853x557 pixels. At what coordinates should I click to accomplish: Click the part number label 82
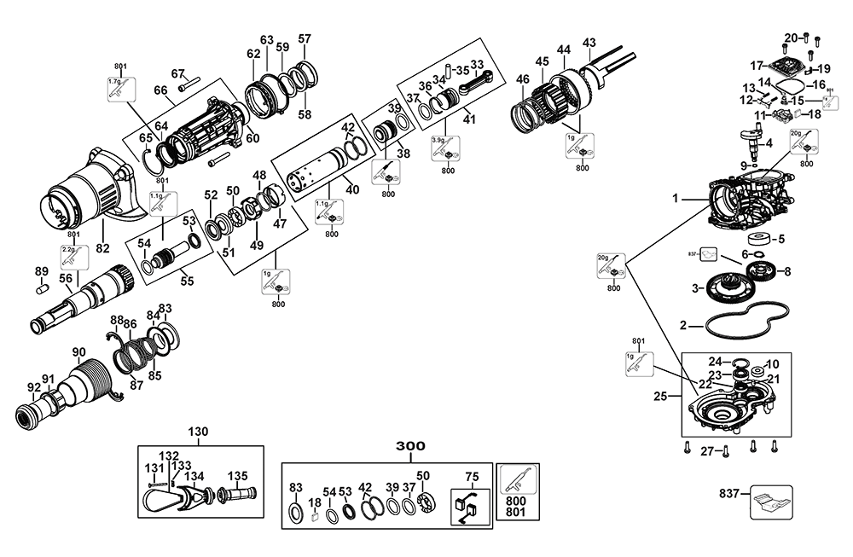click(x=102, y=224)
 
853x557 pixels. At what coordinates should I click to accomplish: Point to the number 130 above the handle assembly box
click(x=198, y=432)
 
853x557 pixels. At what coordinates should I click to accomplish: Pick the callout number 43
click(x=589, y=43)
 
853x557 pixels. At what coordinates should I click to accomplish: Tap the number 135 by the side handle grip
click(x=237, y=476)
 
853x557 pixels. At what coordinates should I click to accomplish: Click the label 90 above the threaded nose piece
click(x=78, y=351)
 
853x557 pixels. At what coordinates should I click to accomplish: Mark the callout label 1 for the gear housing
click(x=674, y=198)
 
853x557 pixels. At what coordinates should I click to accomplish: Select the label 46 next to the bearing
click(x=523, y=79)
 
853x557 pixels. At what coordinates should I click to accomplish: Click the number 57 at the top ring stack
click(x=305, y=38)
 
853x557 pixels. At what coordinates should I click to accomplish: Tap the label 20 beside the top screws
click(x=791, y=38)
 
